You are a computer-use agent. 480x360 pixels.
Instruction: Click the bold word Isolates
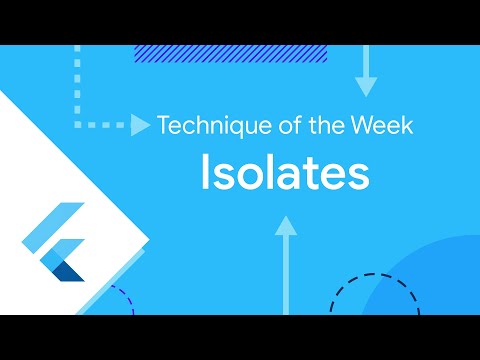click(284, 173)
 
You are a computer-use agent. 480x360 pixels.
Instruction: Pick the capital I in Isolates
click(205, 173)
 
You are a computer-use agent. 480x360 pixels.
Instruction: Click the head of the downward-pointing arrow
click(366, 86)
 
